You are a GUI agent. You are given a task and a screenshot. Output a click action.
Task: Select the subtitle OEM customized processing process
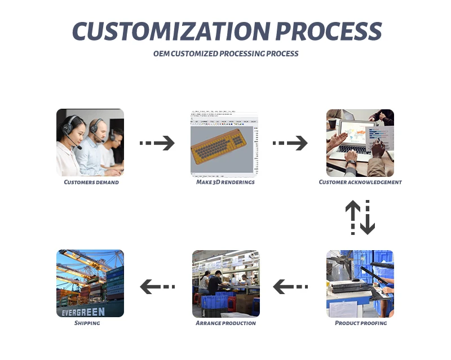(225, 54)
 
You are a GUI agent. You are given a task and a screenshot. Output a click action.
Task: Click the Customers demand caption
(91, 183)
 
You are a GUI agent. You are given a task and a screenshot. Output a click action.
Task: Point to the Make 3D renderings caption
(225, 183)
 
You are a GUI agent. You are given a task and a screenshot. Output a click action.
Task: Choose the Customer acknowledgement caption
(360, 183)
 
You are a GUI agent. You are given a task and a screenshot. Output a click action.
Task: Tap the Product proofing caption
(361, 323)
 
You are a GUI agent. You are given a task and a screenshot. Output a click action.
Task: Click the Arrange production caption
(225, 323)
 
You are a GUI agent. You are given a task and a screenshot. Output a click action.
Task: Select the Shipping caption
(87, 323)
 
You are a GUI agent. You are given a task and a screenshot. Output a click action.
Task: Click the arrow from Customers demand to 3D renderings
(157, 143)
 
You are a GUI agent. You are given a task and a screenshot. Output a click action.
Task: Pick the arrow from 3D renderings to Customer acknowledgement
(290, 143)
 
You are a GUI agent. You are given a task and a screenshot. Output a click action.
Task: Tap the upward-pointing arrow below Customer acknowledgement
(353, 217)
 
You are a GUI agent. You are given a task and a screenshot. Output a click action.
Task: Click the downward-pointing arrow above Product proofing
(368, 217)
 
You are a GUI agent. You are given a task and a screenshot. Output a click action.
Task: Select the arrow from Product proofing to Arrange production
(290, 287)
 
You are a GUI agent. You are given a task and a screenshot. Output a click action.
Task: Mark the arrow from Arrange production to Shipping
(157, 287)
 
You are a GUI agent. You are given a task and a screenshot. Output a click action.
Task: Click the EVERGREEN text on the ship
(84, 312)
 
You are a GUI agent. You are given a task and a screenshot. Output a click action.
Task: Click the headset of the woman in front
(69, 125)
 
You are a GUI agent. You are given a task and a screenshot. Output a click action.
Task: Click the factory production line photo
(226, 283)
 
